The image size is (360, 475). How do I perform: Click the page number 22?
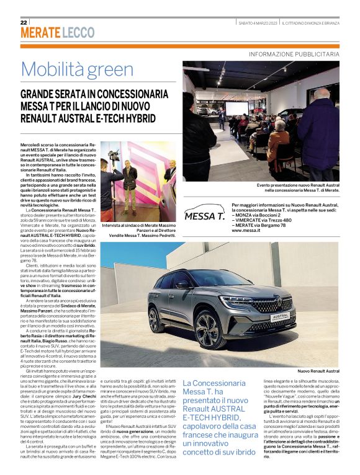[x=23, y=23]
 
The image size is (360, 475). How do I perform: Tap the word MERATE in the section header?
[x=40, y=32]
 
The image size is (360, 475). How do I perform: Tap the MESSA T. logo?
[x=205, y=216]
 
